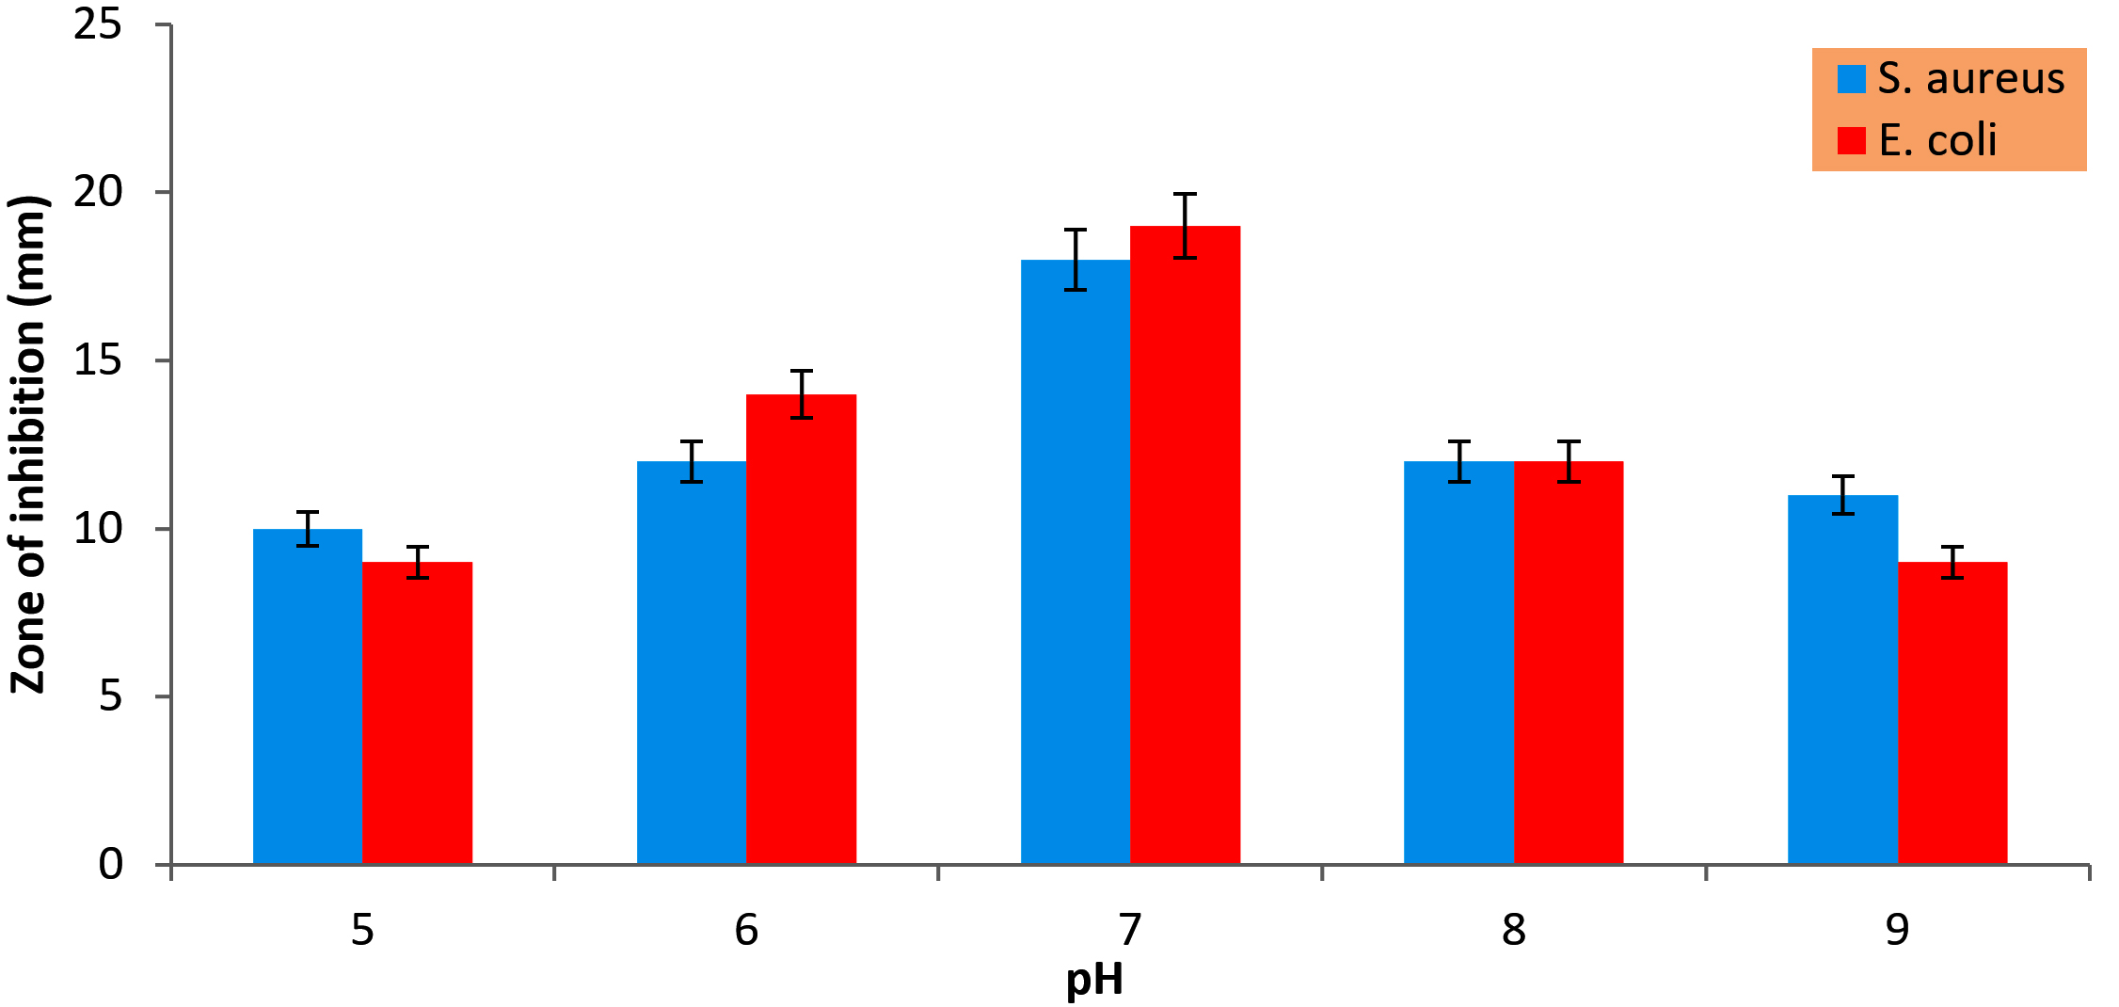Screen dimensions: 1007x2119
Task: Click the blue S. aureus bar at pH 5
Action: pos(308,696)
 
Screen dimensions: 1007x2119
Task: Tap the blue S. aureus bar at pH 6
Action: pos(692,663)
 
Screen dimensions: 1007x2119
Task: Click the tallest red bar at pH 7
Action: pos(1185,545)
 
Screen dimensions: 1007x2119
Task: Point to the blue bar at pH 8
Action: pos(1458,663)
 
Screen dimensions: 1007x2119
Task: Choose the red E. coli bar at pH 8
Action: pos(1569,663)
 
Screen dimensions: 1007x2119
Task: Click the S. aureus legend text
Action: pos(1970,78)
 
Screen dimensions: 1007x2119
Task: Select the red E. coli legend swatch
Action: pos(1851,140)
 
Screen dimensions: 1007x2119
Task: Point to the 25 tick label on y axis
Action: pos(98,24)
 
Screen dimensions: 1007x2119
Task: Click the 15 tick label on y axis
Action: pos(98,360)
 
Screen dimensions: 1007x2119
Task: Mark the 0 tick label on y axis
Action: pos(111,864)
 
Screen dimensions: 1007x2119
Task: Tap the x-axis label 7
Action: pos(1130,930)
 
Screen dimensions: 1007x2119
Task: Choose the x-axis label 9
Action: pos(1897,930)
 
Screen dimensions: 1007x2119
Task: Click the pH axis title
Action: pos(1094,981)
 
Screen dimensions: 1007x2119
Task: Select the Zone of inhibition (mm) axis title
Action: pos(28,444)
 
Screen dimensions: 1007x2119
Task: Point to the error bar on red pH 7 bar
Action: pos(1185,225)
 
